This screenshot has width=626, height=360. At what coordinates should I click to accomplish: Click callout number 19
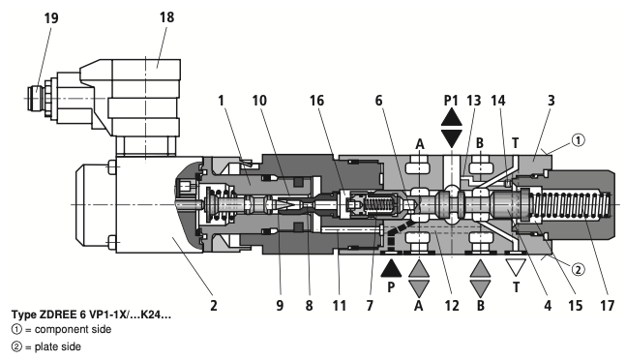point(51,18)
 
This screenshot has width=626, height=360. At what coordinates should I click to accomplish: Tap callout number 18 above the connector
point(166,17)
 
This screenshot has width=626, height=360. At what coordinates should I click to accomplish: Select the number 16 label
point(317,101)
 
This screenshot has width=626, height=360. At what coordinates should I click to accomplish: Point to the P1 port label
point(451,101)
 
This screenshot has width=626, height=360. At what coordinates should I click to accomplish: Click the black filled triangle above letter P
point(391,268)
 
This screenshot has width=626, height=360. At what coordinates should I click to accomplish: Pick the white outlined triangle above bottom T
point(516,268)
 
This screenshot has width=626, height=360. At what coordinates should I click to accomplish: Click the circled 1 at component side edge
point(578,140)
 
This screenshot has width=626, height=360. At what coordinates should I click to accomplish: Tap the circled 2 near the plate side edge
point(578,270)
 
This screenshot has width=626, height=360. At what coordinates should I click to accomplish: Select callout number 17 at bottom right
point(607,306)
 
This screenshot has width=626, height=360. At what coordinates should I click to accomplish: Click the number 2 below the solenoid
point(214,306)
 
